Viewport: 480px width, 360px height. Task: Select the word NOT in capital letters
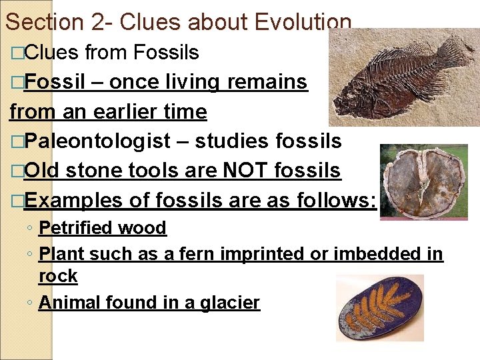[x=233, y=171]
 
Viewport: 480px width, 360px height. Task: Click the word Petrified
[x=76, y=228]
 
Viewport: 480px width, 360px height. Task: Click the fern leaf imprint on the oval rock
[x=380, y=308]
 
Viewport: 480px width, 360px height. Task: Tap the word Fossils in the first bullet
[x=166, y=51]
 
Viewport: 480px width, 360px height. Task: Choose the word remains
[x=267, y=82]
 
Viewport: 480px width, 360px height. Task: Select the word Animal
[x=70, y=303]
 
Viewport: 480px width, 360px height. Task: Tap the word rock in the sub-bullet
[x=58, y=275]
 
